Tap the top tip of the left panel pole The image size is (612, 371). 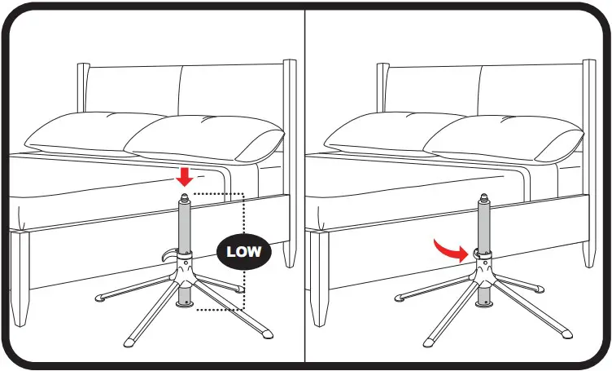tap(185, 196)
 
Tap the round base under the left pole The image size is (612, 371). tap(186, 303)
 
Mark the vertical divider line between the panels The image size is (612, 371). tap(305, 185)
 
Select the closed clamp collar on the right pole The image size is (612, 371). tap(483, 256)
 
